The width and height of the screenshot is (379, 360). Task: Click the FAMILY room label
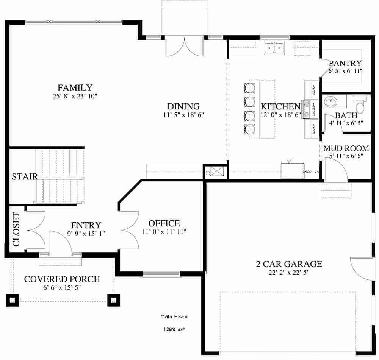[75, 87]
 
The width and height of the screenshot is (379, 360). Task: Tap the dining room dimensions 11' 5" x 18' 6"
[183, 115]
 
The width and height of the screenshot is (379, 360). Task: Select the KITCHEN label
[280, 106]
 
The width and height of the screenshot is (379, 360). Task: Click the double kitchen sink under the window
[274, 48]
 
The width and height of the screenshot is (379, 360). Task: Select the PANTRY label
[345, 63]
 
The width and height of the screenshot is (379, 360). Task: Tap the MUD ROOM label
[346, 148]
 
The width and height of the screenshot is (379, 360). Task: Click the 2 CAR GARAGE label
[289, 264]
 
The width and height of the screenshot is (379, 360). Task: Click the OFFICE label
[164, 223]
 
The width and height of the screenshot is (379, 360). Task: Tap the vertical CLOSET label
[16, 229]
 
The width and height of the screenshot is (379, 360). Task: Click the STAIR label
[24, 176]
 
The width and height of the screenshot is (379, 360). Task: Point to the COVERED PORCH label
[62, 279]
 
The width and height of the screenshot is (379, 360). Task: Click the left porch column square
[12, 300]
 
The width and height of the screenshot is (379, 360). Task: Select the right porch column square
[113, 300]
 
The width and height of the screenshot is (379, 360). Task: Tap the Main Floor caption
[174, 316]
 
